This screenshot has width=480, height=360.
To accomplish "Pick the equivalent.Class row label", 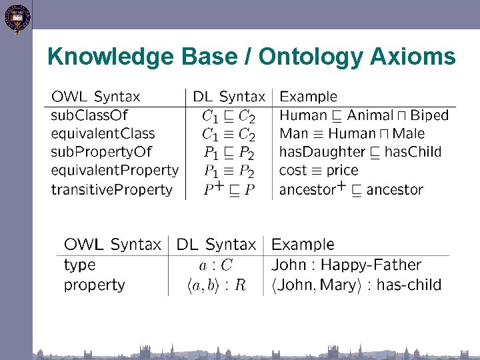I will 103,133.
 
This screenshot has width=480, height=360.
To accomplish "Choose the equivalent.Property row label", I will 115,171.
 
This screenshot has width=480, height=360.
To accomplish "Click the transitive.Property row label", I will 111,189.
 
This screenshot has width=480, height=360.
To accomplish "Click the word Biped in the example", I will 429,115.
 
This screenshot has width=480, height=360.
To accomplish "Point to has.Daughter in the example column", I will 321,152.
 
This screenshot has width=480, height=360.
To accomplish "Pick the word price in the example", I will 342,171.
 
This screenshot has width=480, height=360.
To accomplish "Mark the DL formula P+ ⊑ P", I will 229,189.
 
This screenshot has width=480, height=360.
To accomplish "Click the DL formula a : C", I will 217,265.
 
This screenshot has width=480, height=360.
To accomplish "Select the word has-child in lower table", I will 409,285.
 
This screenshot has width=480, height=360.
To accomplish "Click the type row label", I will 80,265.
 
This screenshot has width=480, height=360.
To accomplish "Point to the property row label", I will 95,285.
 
